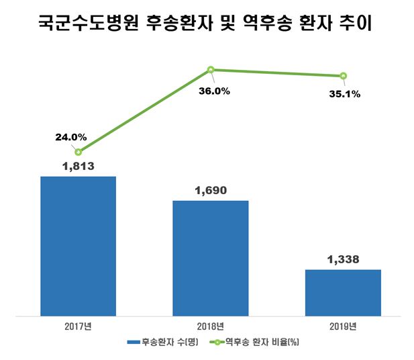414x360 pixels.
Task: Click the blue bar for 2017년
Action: (x=79, y=245)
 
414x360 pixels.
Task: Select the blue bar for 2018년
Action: (x=211, y=257)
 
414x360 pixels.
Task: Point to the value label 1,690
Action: (x=211, y=190)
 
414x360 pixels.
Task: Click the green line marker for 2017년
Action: (x=79, y=152)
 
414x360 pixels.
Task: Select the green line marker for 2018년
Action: (x=211, y=69)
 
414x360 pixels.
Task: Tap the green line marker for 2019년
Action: (x=343, y=75)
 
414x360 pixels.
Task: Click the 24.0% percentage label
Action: (x=70, y=137)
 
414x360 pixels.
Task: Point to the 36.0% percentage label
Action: (x=214, y=91)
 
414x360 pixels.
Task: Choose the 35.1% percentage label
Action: (x=345, y=95)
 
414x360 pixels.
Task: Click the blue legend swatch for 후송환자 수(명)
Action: (x=132, y=343)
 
